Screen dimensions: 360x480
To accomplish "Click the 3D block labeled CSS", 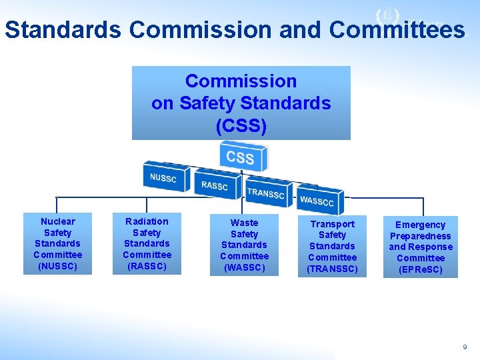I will click(241, 158).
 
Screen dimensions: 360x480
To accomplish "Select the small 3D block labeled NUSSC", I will click(163, 178).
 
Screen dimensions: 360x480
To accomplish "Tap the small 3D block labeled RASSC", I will click(214, 185).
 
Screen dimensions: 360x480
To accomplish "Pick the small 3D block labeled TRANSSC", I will click(265, 193).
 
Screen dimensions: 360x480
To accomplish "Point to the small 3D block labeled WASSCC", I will click(317, 201).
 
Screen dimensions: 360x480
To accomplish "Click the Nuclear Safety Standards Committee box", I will click(58, 243).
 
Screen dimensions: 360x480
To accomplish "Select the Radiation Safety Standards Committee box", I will click(147, 243).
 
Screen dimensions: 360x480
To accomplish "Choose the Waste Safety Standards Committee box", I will click(244, 245).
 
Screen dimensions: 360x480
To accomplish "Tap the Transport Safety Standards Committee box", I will click(332, 246).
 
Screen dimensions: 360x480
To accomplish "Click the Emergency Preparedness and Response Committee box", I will click(420, 247).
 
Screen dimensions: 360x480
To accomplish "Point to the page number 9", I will click(465, 347).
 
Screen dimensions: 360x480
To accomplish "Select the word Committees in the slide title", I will click(397, 30).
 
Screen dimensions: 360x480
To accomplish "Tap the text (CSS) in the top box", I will click(241, 126).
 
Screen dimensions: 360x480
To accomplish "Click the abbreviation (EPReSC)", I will click(420, 269).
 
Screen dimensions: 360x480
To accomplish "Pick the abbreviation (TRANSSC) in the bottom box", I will click(332, 269).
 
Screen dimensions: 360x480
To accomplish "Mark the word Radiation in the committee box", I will click(147, 221).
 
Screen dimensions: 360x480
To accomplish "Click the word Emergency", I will click(420, 225).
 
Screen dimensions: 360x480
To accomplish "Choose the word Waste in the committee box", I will click(244, 223).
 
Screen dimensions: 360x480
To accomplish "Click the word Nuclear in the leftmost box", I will click(58, 221).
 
